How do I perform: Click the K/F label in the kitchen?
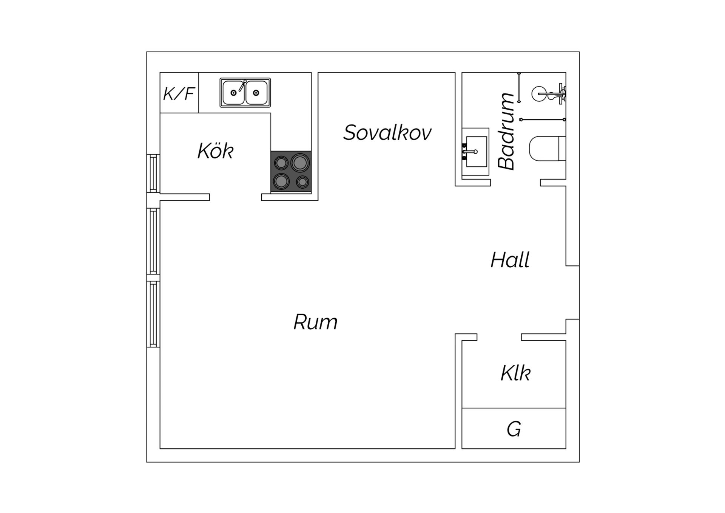click(x=179, y=93)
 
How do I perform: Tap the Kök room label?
click(x=215, y=150)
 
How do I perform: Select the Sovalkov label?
click(x=387, y=132)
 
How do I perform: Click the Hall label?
click(x=510, y=260)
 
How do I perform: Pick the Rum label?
click(x=315, y=322)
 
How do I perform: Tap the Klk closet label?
click(x=515, y=373)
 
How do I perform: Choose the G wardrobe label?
click(x=514, y=429)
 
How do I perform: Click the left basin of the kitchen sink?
click(x=233, y=93)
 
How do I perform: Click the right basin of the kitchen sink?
click(x=256, y=93)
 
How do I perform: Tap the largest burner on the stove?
click(x=300, y=163)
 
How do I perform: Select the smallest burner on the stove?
click(x=302, y=182)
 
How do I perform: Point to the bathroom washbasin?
click(x=475, y=152)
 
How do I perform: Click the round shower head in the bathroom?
click(x=539, y=93)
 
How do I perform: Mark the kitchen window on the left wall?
click(x=153, y=174)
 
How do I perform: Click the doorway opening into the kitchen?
click(x=236, y=197)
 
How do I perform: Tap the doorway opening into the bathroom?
click(x=515, y=183)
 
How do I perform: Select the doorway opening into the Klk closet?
click(x=499, y=337)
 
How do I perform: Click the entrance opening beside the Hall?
click(x=572, y=293)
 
